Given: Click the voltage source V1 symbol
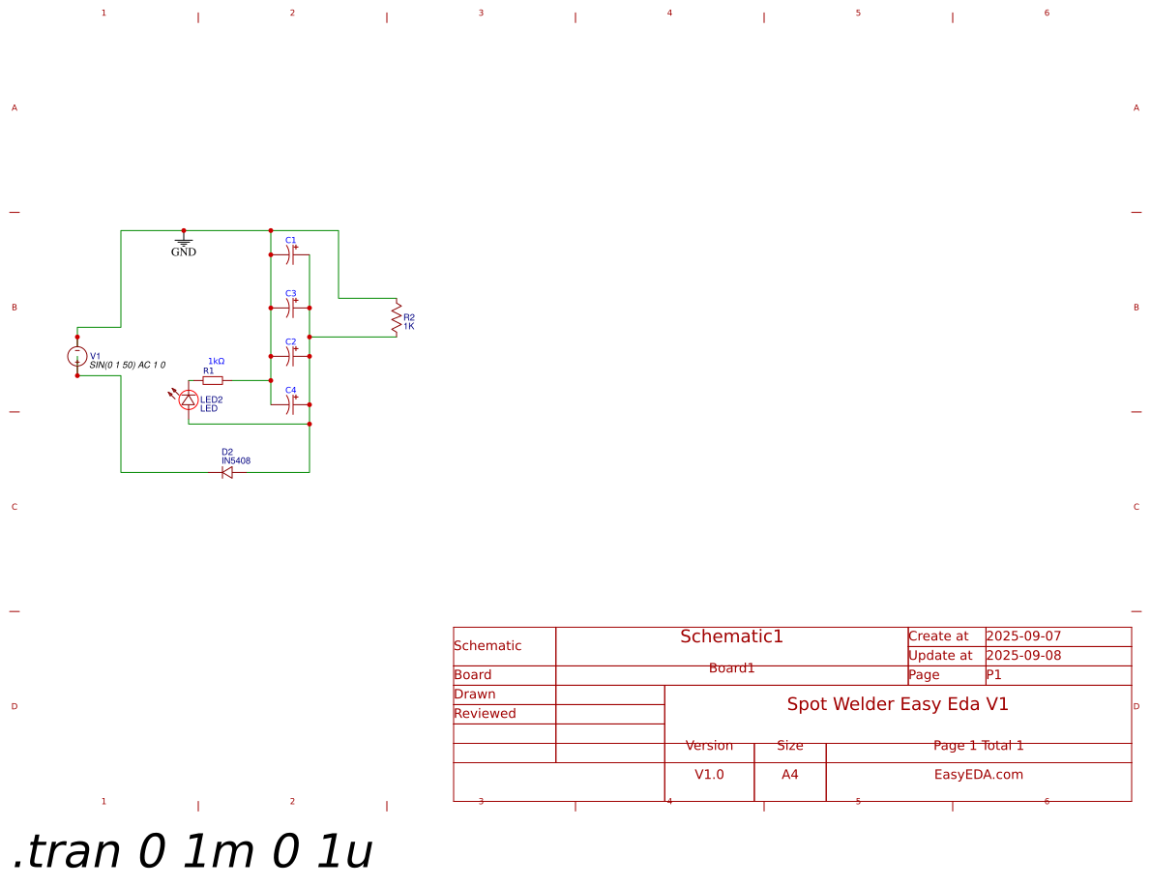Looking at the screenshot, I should [x=77, y=356].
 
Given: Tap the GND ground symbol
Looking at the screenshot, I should [x=184, y=241].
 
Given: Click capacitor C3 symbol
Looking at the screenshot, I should [x=290, y=309].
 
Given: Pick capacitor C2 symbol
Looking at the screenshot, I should [x=290, y=357].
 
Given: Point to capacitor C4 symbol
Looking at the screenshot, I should [x=290, y=404].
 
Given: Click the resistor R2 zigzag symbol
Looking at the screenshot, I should [x=396, y=318].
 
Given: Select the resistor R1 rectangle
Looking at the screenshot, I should [x=213, y=380].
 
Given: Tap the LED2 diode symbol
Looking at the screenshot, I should [x=189, y=399].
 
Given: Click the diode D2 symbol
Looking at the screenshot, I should [x=227, y=472].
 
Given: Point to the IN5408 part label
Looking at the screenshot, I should [x=236, y=461].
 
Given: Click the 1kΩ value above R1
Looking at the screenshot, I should [x=217, y=361].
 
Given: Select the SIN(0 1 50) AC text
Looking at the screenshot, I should [x=127, y=366].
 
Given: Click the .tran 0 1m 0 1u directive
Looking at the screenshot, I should [x=192, y=852].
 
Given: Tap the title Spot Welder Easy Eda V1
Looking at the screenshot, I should [x=898, y=704].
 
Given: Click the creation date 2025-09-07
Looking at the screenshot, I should [x=1023, y=636].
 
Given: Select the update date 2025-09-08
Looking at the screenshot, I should [x=1023, y=656].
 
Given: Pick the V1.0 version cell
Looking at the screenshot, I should [x=709, y=775].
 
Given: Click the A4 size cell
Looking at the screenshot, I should [x=790, y=775].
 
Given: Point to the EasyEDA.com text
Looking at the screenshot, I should [x=978, y=775].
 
